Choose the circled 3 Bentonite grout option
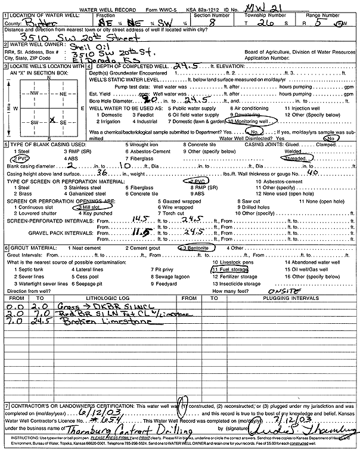[195, 248]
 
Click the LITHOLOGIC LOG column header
[91, 298]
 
